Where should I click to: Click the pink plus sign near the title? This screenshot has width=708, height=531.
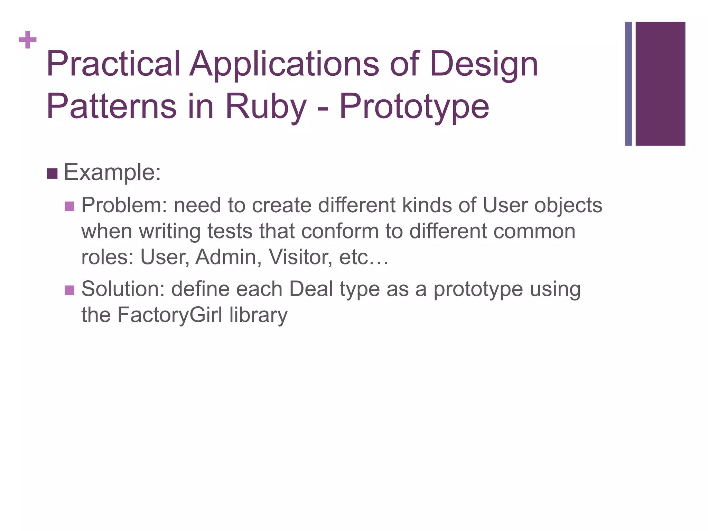(x=28, y=40)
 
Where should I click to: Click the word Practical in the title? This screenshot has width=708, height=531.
(x=113, y=64)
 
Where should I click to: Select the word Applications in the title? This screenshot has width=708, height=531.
(x=284, y=64)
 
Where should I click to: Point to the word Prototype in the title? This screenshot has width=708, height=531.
(x=414, y=106)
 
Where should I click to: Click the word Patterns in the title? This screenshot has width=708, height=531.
(x=111, y=106)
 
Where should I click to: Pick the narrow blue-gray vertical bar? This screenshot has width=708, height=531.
(x=628, y=84)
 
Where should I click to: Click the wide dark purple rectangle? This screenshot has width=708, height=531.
(x=660, y=84)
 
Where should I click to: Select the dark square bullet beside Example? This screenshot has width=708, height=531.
(x=52, y=174)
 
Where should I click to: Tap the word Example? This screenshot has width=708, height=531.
(x=112, y=172)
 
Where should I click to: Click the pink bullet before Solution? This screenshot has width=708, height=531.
(x=69, y=290)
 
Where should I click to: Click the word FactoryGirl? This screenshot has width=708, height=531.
(x=170, y=315)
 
